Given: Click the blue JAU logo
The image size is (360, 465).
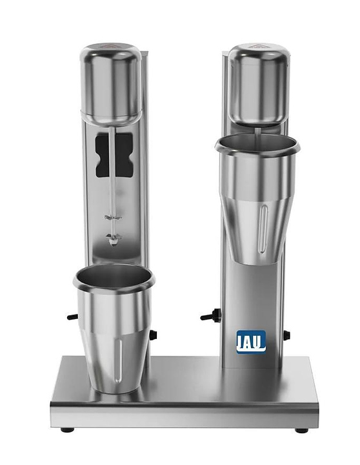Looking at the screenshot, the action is pyautogui.click(x=251, y=342).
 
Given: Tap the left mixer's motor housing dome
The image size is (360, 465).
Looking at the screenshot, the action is pyautogui.click(x=111, y=83).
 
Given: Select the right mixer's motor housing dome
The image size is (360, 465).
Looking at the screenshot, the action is pyautogui.click(x=258, y=84).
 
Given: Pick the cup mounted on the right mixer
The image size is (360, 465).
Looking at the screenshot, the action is pyautogui.click(x=257, y=199).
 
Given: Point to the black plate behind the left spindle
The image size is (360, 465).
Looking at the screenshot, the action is pyautogui.click(x=114, y=155).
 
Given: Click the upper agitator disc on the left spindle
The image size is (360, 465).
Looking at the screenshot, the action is pyautogui.click(x=113, y=218).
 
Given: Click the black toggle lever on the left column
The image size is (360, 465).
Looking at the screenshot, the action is pyautogui.click(x=73, y=316).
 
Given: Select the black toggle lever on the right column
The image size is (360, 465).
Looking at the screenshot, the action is pyautogui.click(x=210, y=315).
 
